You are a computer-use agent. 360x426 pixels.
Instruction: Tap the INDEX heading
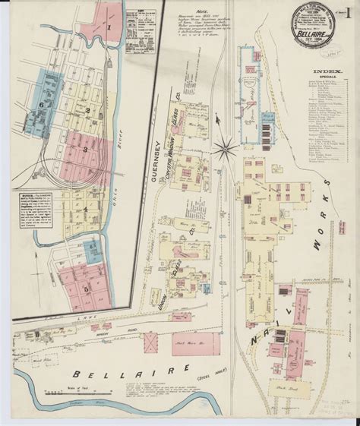coord(320,73)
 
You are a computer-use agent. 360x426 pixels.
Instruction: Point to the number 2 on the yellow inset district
coord(88,112)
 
